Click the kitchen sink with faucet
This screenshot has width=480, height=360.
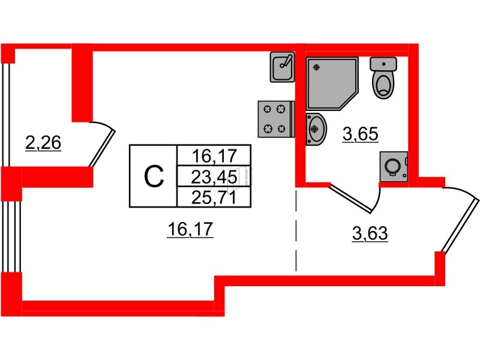[282, 67]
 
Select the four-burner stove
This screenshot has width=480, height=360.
[276, 119]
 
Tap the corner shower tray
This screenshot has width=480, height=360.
[332, 83]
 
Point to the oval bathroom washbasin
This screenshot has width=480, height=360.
[316, 129]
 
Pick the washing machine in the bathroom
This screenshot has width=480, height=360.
[394, 167]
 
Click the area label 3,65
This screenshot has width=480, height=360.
[361, 134]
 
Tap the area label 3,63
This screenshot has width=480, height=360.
[370, 233]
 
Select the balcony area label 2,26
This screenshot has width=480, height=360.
[43, 143]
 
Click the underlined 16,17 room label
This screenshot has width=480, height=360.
[190, 229]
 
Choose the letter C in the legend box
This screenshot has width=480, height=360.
[154, 176]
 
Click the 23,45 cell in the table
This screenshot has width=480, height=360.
[214, 176]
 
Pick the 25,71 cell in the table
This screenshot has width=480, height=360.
[214, 197]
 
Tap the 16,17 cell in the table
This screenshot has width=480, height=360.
[214, 155]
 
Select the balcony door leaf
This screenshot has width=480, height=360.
[102, 148]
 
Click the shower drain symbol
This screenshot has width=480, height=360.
[317, 67]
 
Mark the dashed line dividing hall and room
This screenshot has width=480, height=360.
[296, 230]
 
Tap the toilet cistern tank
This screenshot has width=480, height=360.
[383, 64]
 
